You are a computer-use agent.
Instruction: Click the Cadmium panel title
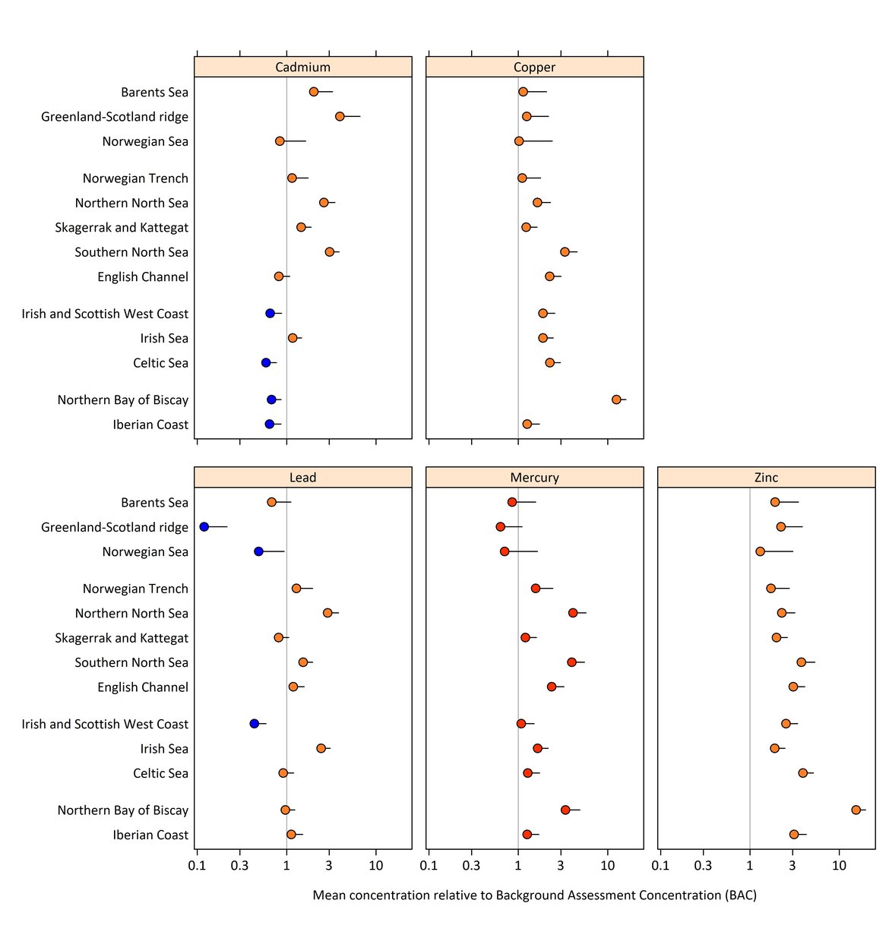tap(302, 67)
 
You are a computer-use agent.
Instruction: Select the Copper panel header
tap(534, 67)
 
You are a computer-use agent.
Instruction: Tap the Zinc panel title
tap(766, 478)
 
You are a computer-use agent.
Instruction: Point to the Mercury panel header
tap(534, 478)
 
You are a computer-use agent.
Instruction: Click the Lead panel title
tap(302, 478)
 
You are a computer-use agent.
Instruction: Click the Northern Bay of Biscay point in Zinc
tap(856, 810)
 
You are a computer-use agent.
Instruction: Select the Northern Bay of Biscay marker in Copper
tap(616, 400)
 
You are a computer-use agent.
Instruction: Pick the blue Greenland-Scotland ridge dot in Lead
tap(204, 526)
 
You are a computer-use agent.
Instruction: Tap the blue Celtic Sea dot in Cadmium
tap(266, 362)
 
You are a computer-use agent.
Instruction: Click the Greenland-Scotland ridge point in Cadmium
tap(340, 116)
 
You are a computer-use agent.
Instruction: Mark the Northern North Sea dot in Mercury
tap(573, 613)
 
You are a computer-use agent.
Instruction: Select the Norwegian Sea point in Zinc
tap(760, 551)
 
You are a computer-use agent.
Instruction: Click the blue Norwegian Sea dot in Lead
tap(258, 551)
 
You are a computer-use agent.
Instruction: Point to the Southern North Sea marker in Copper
tap(565, 251)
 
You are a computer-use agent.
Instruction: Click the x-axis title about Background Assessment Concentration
tap(534, 895)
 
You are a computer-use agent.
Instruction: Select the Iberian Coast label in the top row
tap(150, 425)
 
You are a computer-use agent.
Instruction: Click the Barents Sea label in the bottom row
tap(154, 503)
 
